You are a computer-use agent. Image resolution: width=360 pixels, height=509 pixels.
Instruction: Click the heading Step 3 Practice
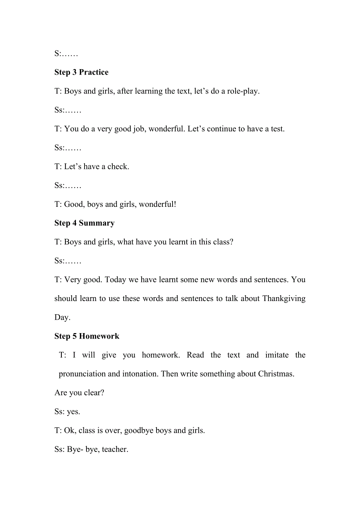(81, 72)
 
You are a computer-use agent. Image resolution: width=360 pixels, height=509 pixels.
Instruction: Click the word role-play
(243, 91)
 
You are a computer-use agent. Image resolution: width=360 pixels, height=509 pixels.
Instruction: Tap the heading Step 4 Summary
(85, 223)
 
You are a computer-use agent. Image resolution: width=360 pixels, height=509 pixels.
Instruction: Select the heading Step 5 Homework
(87, 336)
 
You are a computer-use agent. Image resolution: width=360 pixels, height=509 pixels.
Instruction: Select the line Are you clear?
(79, 393)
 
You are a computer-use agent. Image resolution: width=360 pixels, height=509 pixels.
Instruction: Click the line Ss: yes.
(67, 412)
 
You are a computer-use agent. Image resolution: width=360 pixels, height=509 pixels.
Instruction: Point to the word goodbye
(139, 431)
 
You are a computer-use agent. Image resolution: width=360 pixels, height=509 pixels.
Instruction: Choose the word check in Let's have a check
(118, 167)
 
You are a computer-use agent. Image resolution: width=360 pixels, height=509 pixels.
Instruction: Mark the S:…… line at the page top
(66, 54)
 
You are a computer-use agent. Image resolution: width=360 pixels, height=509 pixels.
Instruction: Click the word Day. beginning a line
(62, 317)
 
